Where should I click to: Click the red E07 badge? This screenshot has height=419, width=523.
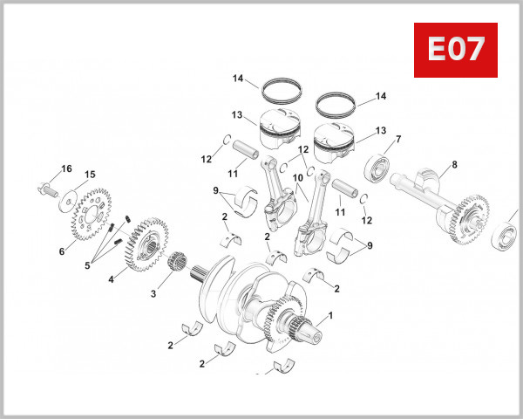(454, 50)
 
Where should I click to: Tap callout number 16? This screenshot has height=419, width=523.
(66, 168)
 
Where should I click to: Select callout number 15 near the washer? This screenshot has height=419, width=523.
(90, 175)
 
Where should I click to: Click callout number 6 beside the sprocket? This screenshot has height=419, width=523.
(62, 251)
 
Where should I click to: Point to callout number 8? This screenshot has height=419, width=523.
(454, 164)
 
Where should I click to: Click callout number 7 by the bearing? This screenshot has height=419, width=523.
(398, 139)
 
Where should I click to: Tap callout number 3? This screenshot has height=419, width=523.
(153, 294)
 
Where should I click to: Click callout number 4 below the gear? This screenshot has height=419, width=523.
(111, 279)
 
